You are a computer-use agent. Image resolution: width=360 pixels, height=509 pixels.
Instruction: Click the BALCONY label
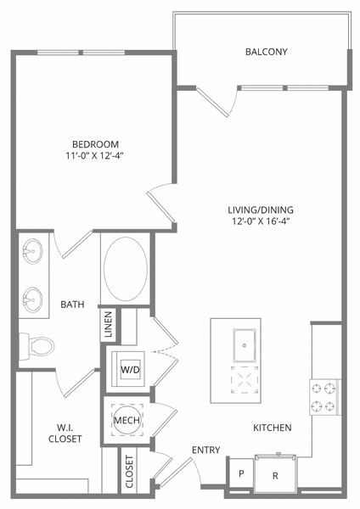pyautogui.click(x=266, y=52)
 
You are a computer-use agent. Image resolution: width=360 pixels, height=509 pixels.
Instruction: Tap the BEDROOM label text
pyautogui.click(x=94, y=143)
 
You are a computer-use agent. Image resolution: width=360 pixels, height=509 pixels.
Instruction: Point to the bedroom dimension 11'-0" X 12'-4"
pyautogui.click(x=94, y=155)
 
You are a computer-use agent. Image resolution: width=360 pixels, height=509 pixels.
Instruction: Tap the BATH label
pyautogui.click(x=70, y=302)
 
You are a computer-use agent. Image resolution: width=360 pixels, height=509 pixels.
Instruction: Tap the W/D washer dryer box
pyautogui.click(x=130, y=370)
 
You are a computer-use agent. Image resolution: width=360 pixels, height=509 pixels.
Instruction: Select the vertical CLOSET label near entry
pyautogui.click(x=130, y=472)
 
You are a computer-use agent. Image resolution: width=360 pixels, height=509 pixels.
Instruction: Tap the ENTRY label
pyautogui.click(x=205, y=450)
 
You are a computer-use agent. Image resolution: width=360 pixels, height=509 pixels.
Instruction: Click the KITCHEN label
pyautogui.click(x=273, y=428)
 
